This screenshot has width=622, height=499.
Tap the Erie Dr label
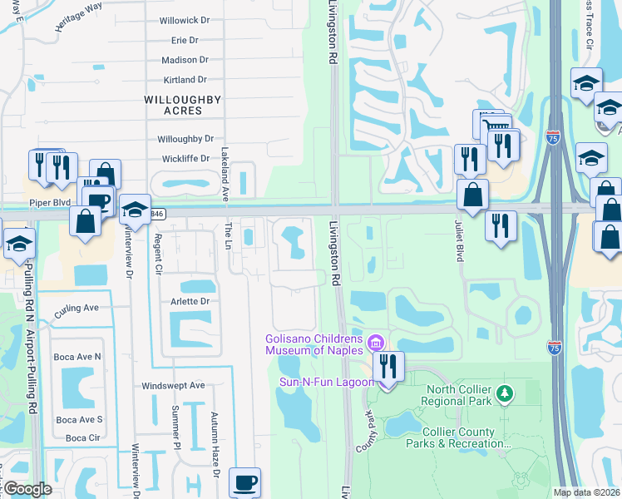184,40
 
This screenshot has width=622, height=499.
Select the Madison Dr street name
185,60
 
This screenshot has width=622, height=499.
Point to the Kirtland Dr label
185,80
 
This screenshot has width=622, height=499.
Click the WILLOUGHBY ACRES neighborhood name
171,105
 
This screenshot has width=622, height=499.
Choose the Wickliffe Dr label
185,159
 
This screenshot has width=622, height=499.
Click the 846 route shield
156,214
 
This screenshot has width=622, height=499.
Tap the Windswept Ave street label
173,386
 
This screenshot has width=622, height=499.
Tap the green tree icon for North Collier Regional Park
502,392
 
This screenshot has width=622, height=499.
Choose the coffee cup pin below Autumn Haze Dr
244,483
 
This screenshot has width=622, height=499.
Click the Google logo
27,489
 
